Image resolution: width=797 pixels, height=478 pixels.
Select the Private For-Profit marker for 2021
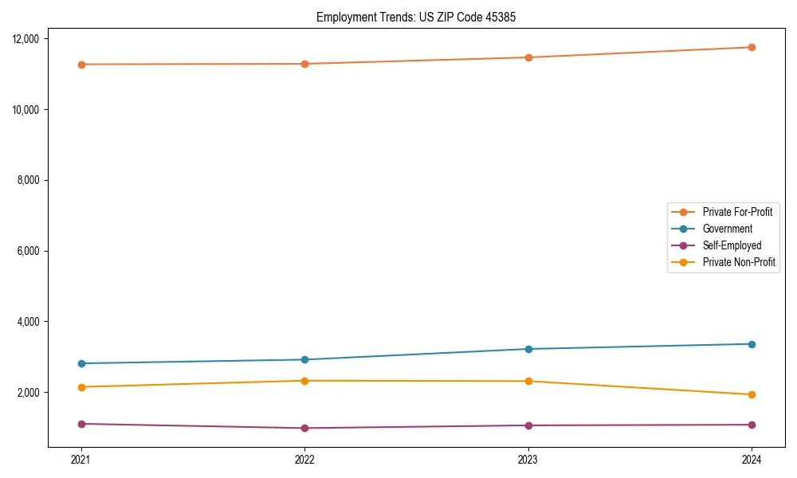coord(81,65)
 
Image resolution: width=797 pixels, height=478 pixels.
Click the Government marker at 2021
coord(81,363)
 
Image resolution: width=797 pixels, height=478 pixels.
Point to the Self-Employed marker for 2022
coord(304,428)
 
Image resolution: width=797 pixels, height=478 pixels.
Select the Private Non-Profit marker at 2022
coord(304,381)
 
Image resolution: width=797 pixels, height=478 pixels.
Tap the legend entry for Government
coord(727,229)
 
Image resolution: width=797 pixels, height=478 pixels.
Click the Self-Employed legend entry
coord(732,245)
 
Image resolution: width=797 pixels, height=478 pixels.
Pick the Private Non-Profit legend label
coord(739,262)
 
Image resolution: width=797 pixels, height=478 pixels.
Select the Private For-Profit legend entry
coord(737,212)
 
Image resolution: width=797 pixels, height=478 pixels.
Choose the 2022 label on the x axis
coord(304,459)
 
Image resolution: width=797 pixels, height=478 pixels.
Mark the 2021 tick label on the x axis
coord(81,459)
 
